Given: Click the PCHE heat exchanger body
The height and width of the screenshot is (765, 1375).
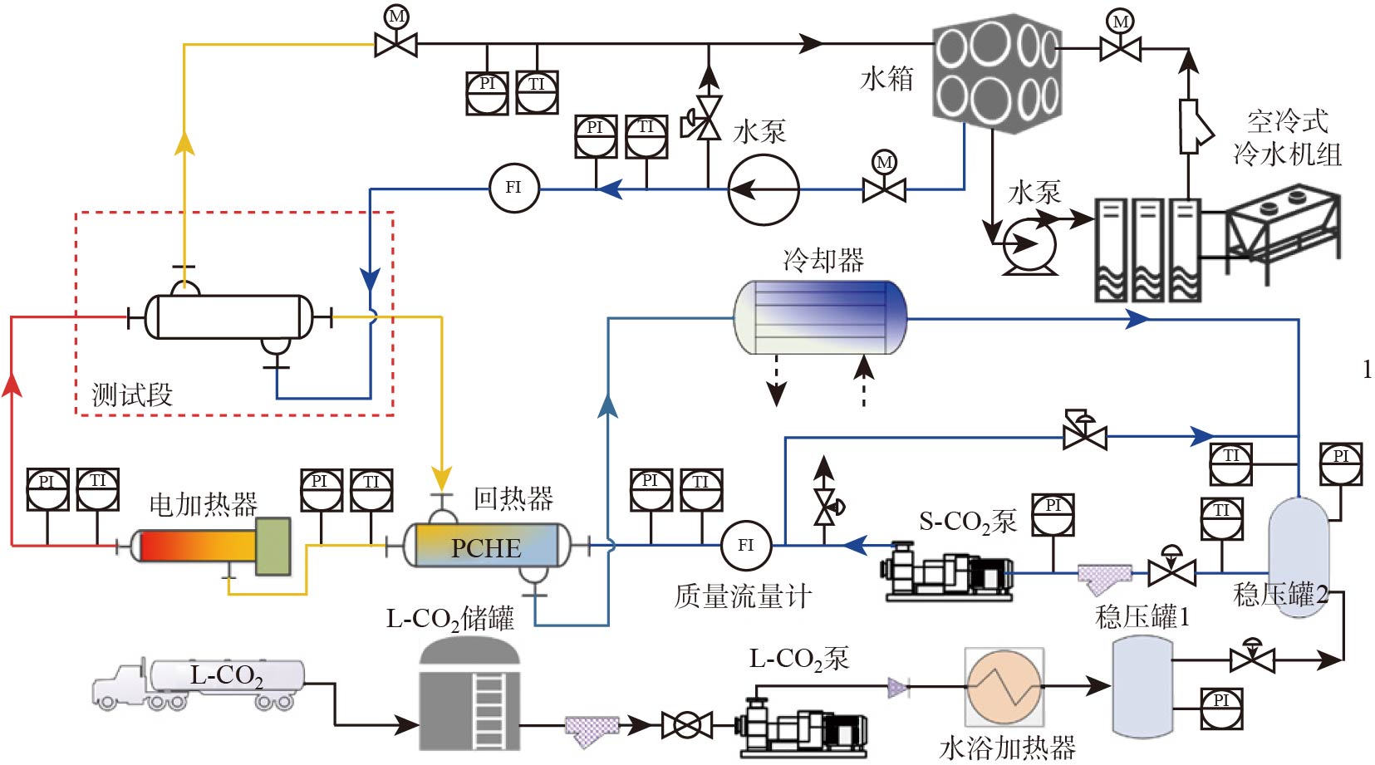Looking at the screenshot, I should pos(487,546).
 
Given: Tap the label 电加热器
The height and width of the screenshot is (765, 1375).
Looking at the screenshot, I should pos(204,504).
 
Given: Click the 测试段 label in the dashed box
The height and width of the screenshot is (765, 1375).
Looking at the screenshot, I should pos(132,395).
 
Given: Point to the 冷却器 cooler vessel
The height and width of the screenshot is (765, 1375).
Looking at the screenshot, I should pos(820,317).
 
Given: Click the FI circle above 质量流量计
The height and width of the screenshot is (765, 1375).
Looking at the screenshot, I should pos(745,546).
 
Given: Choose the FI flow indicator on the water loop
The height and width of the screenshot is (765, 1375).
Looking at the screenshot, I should pos(513,189).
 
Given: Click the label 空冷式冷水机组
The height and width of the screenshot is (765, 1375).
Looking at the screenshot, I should pos(1287,138).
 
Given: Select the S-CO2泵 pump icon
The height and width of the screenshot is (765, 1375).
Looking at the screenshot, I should pos(947,571).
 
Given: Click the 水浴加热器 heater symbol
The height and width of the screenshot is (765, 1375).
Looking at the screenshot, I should pos(1004,687).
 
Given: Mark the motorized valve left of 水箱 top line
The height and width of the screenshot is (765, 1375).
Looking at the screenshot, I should pos(396,43).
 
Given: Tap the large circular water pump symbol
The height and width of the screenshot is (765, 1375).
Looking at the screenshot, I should pos(764,189).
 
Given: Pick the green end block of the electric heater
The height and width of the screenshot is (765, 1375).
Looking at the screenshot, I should pos(273,546).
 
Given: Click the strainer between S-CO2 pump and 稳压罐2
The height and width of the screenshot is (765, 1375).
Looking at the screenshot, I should pos(1104,576).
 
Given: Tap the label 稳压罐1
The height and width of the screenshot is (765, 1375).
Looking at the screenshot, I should pos(1142,617).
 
